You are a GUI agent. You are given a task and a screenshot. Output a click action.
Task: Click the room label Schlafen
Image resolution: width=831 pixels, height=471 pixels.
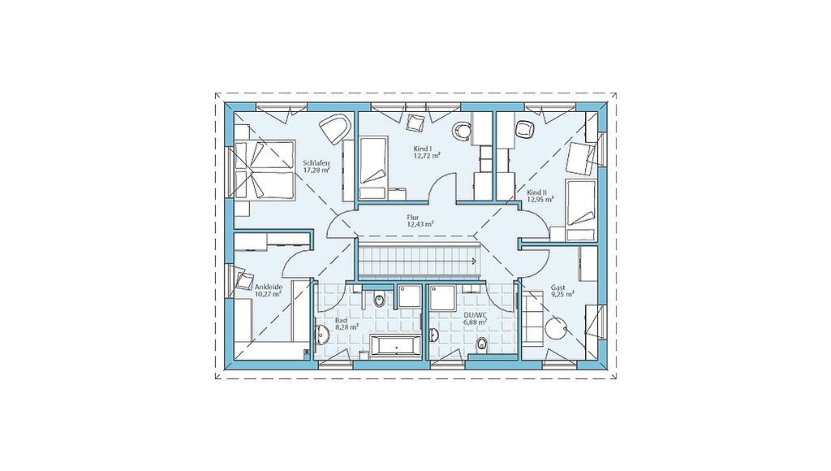point(316,163)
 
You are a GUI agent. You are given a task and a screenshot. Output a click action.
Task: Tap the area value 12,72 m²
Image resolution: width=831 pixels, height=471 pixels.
point(427,156)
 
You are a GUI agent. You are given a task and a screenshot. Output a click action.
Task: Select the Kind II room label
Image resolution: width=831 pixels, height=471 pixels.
point(537,192)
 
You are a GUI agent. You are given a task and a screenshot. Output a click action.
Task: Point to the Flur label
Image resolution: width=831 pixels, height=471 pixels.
point(413,218)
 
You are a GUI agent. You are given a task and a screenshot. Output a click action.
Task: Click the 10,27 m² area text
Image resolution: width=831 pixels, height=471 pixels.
point(268,294)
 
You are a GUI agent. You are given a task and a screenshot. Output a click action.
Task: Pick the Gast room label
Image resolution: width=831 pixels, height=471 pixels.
point(558,287)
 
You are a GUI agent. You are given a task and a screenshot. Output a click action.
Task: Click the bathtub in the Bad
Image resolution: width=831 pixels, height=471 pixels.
point(395,347)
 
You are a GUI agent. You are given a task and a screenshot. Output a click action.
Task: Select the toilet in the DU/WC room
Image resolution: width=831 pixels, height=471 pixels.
point(482,345)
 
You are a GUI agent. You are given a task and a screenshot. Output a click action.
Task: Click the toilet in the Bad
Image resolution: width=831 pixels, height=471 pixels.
point(380,300)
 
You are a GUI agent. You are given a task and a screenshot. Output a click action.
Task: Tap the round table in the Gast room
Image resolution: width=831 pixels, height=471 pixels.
point(557,328)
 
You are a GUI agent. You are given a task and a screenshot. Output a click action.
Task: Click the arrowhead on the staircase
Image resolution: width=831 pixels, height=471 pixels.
point(473,261)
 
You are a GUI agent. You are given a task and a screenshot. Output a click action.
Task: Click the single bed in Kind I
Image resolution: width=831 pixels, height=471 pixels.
point(373,167)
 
